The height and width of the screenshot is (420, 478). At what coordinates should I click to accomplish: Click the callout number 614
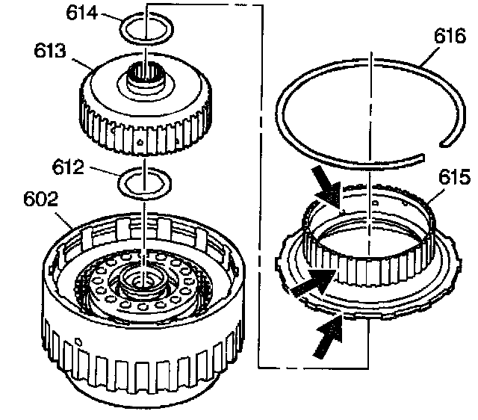(82, 13)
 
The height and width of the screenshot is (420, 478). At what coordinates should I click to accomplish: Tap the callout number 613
(50, 51)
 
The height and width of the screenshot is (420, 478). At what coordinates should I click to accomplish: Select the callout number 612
(68, 167)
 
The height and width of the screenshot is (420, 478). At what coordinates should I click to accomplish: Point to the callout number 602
(40, 199)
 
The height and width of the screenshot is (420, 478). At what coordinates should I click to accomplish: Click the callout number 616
(450, 36)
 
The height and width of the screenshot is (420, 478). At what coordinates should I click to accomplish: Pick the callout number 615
(454, 177)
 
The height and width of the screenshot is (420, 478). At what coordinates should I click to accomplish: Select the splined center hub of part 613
(145, 78)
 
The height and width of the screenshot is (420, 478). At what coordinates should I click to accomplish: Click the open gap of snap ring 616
(432, 150)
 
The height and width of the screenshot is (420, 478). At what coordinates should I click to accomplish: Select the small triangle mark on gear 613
(140, 141)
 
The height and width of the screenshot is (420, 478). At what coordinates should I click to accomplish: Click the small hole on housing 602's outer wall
(78, 342)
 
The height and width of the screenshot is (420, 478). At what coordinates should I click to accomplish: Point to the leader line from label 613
(83, 64)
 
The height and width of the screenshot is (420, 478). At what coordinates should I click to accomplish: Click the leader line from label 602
(64, 220)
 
